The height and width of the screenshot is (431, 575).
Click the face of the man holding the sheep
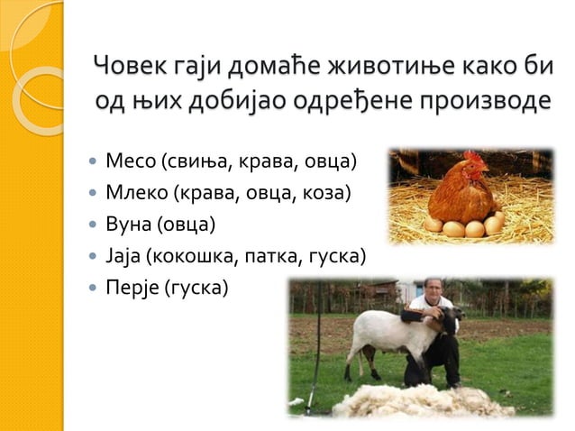(x=434, y=291)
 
